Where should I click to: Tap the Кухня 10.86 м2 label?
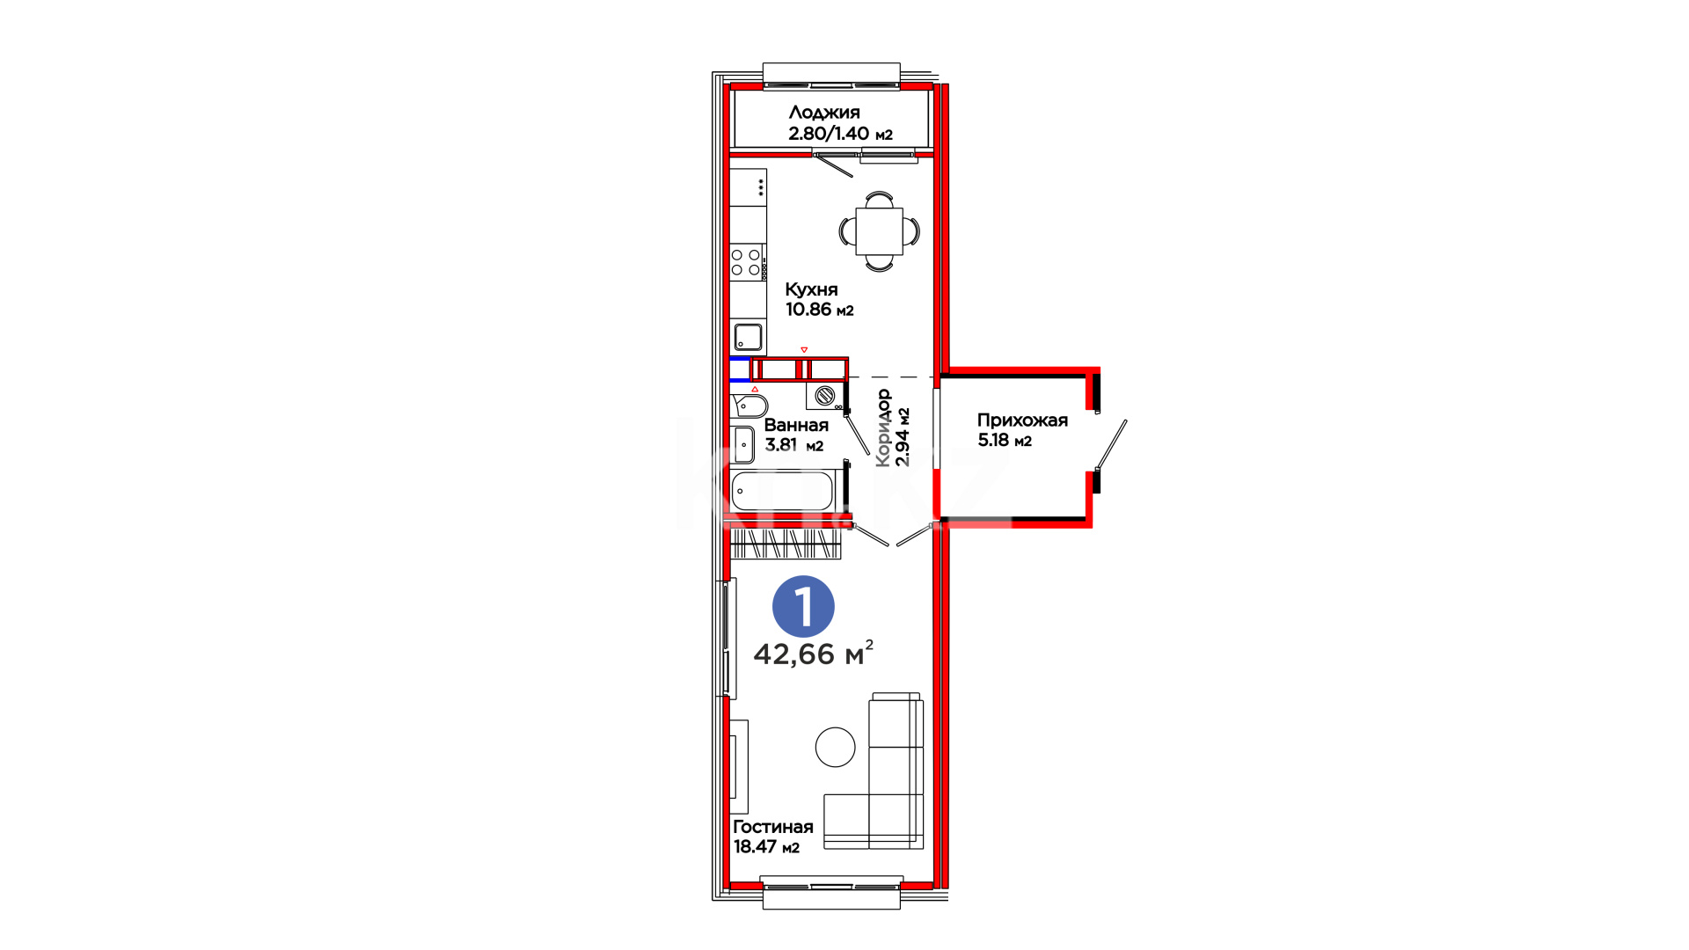coord(819,299)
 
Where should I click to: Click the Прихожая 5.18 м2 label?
coord(1022,430)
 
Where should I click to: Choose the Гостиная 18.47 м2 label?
coord(772,837)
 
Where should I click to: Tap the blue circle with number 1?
coord(803,606)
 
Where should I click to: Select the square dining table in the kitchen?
coord(880,231)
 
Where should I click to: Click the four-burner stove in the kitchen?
coord(747,262)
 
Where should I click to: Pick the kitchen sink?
coord(749,337)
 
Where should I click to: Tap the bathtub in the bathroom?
coord(783,491)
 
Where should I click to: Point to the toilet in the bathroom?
coord(749,406)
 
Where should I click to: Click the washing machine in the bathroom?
coord(825,396)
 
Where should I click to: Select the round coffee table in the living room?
coord(835,748)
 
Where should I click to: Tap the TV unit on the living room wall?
coord(739,767)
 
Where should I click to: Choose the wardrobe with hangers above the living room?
coord(786,544)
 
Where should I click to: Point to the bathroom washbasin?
coord(744,445)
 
